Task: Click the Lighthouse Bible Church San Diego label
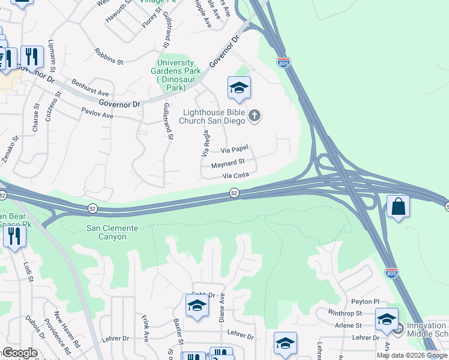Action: (214, 116)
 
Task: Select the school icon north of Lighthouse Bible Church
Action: (239, 89)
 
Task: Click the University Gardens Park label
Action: (175, 76)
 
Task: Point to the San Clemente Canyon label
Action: (112, 232)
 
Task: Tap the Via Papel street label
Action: (235, 150)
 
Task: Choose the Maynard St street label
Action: (228, 163)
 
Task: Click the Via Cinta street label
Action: (235, 176)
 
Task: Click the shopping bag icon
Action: (398, 208)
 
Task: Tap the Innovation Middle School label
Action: (427, 329)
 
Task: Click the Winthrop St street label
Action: (345, 313)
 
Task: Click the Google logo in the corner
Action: (19, 353)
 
